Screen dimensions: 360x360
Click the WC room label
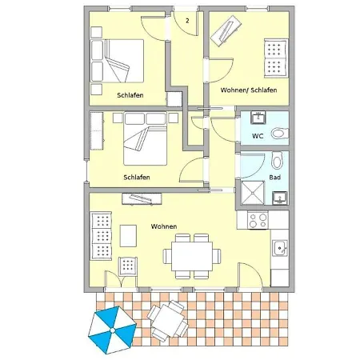click(x=258, y=136)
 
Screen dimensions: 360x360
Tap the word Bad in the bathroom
click(x=274, y=178)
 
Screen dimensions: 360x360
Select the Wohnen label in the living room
click(x=164, y=226)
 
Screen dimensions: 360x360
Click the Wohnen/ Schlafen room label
click(x=249, y=90)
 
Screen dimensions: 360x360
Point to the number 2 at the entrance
click(x=187, y=20)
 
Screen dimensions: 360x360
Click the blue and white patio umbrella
click(x=112, y=330)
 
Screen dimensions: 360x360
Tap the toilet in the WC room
click(x=280, y=134)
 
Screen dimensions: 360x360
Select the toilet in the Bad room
click(x=277, y=160)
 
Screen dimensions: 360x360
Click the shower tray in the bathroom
click(x=253, y=193)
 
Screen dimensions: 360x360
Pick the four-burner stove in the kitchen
click(x=258, y=220)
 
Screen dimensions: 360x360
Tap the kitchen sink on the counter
click(x=280, y=248)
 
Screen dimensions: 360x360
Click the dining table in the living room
click(x=192, y=256)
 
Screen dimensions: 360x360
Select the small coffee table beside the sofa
click(x=128, y=236)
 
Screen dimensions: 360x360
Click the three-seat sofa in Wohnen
click(x=101, y=236)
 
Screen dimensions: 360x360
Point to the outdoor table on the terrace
click(x=167, y=321)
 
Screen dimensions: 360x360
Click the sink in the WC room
click(x=258, y=118)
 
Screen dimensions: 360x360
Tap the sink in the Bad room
click(x=280, y=198)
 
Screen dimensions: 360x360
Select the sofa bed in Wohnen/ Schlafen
click(x=276, y=58)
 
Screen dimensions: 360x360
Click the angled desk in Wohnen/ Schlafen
click(x=226, y=30)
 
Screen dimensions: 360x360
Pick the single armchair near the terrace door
click(x=128, y=266)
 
